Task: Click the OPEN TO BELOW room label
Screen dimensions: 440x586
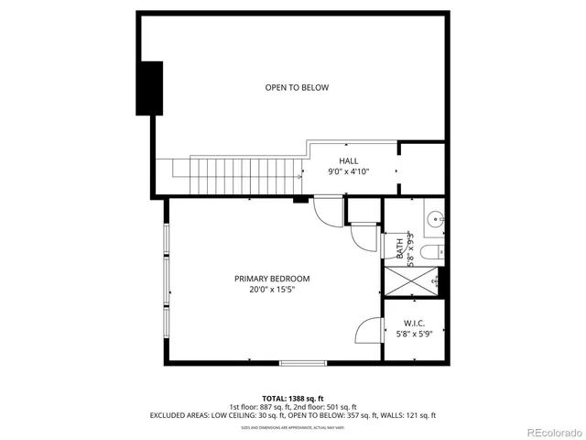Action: point(297,88)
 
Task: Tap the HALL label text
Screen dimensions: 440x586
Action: point(348,160)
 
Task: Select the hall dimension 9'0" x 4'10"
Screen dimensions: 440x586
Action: point(348,171)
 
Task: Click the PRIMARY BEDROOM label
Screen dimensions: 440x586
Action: point(272,279)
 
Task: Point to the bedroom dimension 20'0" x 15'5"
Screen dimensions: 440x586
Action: point(272,290)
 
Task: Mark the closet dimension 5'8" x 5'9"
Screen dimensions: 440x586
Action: point(414,333)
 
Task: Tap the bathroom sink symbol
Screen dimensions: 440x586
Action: point(435,219)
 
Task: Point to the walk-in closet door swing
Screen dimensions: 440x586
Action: point(368,330)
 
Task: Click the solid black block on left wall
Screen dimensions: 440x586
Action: point(149,88)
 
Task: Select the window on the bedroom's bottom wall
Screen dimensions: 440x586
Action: point(303,363)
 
